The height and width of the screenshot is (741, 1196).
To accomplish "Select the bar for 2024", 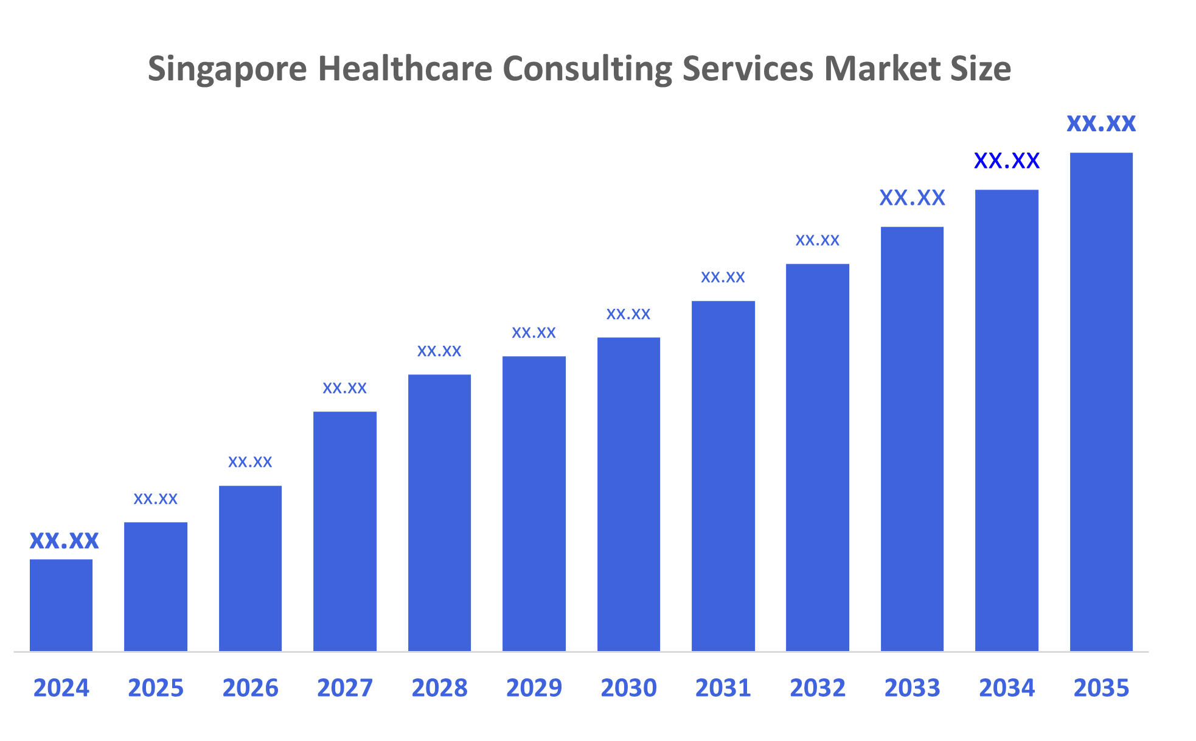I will (61, 605).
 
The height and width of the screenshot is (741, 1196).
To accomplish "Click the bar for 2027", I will (345, 531).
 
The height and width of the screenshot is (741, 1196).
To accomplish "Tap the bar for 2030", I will (628, 494).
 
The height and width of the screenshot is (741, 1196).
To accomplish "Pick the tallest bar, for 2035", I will (1101, 402).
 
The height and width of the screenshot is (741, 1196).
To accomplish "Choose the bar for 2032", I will (817, 457).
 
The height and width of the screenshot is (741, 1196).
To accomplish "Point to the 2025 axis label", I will (156, 688).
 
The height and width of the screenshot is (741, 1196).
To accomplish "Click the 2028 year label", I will (439, 688).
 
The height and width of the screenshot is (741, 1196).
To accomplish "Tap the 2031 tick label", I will (723, 688).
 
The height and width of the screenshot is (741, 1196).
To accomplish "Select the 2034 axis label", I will (1006, 688).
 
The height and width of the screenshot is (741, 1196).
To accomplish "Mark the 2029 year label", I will (534, 688).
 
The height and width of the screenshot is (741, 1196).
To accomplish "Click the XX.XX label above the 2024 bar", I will (64, 540).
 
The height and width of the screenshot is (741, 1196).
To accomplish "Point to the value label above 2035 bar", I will (1101, 123).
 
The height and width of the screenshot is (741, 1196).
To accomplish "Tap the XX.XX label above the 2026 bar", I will (250, 462).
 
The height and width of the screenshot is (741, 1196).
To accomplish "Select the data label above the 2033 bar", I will (912, 198).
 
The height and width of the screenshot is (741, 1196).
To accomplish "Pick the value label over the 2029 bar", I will (534, 333).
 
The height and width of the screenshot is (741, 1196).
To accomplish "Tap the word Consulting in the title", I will (586, 69).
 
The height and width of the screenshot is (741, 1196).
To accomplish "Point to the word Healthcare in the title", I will (405, 68).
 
